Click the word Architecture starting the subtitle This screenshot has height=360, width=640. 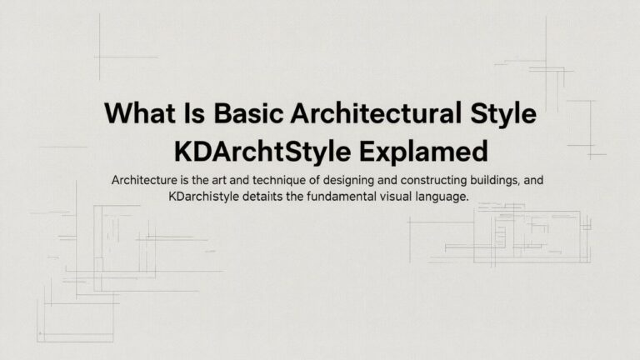[145, 180]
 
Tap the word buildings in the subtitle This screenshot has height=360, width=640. [503, 180]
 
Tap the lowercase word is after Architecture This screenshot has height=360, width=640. [187, 180]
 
